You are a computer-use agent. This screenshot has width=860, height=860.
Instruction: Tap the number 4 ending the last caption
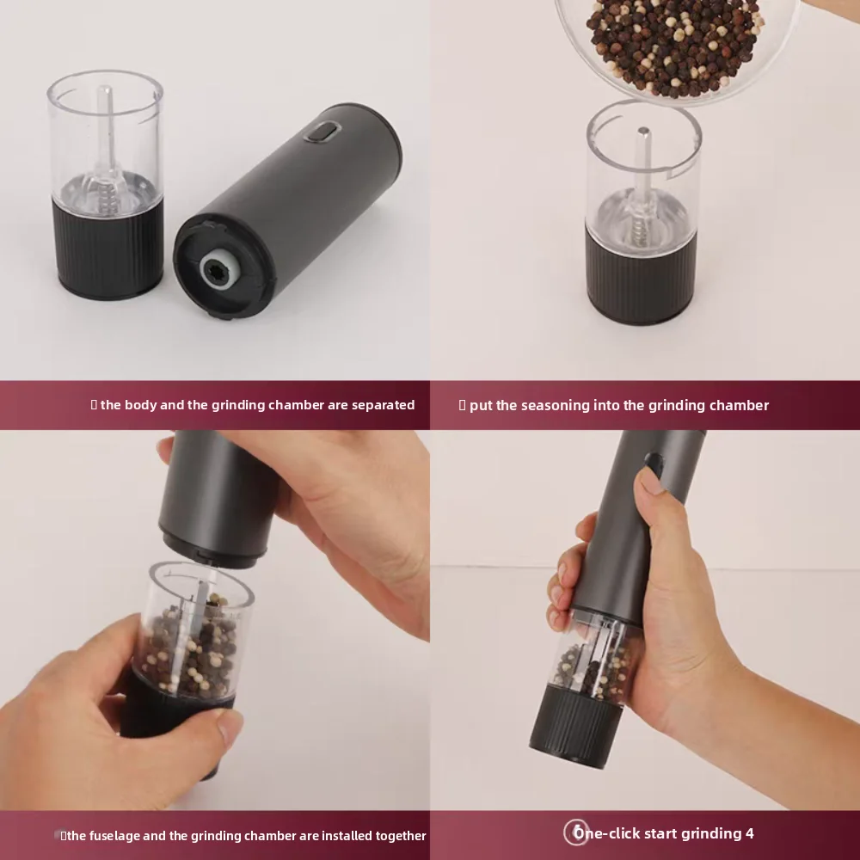point(750,833)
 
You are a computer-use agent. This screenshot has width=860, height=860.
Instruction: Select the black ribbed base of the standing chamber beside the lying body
point(107,249)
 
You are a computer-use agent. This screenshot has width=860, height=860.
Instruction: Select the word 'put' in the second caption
point(481,405)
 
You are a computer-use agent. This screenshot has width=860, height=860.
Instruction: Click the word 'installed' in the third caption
point(304,835)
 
